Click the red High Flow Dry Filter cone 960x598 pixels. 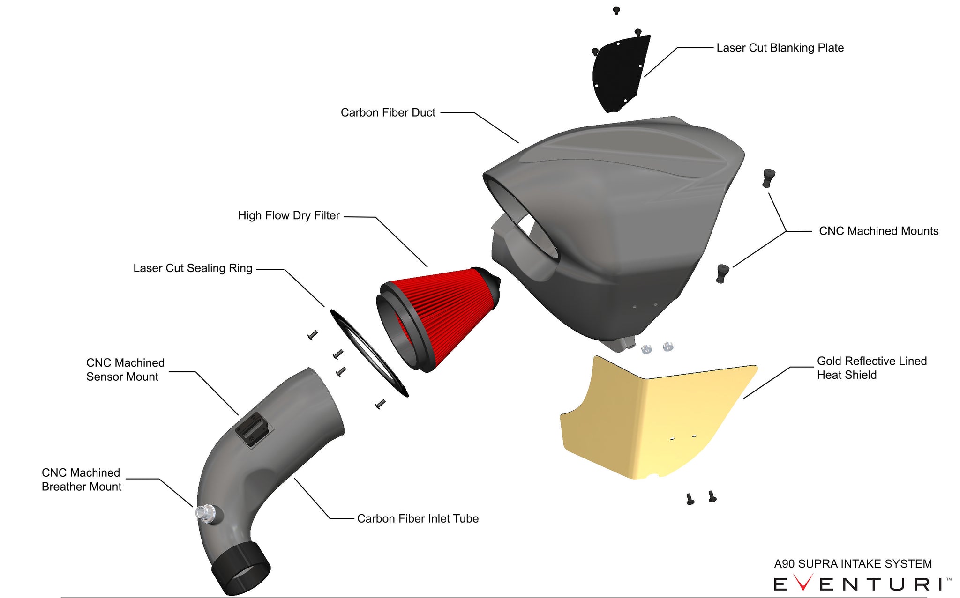click(445, 309)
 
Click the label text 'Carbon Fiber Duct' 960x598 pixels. click(388, 113)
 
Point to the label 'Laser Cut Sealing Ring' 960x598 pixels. click(193, 268)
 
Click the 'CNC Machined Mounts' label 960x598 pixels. click(878, 231)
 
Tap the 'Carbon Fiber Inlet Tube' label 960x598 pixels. click(418, 519)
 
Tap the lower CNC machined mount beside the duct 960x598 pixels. click(722, 273)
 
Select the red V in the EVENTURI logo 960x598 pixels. click(802, 583)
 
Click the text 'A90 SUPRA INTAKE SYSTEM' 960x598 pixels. click(853, 564)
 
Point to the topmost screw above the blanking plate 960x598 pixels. click(616, 10)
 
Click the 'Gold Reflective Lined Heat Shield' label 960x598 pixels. click(871, 368)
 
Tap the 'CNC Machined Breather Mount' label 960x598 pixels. click(81, 480)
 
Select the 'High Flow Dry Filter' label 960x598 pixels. click(289, 216)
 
